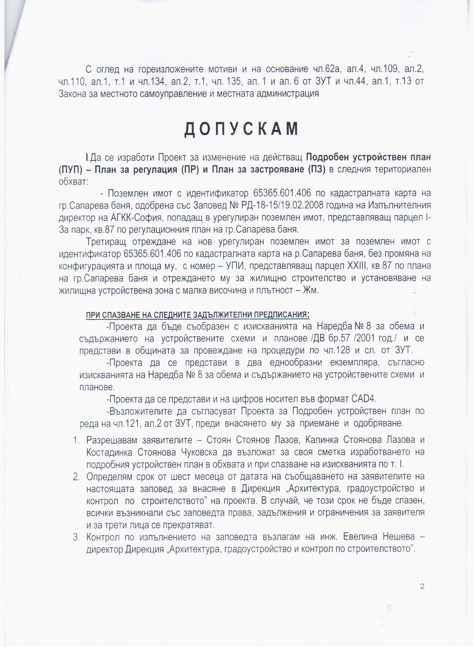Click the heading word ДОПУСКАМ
(242, 129)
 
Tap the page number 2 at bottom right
(422, 587)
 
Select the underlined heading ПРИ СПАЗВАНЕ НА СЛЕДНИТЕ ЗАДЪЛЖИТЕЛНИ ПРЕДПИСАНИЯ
(198, 315)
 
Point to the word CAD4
(364, 399)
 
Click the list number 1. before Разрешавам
(76, 441)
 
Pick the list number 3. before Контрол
(76, 537)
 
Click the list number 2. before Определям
(76, 477)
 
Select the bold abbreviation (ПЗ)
(316, 169)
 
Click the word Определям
(109, 477)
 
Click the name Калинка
(322, 440)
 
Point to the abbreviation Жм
(311, 290)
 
